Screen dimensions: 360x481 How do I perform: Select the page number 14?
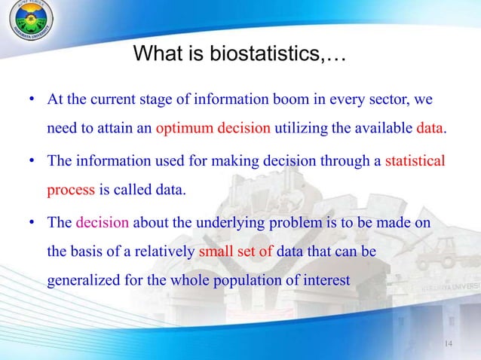pyautogui.click(x=449, y=345)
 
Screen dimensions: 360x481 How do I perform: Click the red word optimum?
pyautogui.click(x=185, y=128)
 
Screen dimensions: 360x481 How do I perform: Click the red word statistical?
pyautogui.click(x=415, y=160)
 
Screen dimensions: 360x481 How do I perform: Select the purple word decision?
pyautogui.click(x=103, y=223)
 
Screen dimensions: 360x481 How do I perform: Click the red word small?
pyautogui.click(x=215, y=252)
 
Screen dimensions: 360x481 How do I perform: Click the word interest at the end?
pyautogui.click(x=326, y=280)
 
